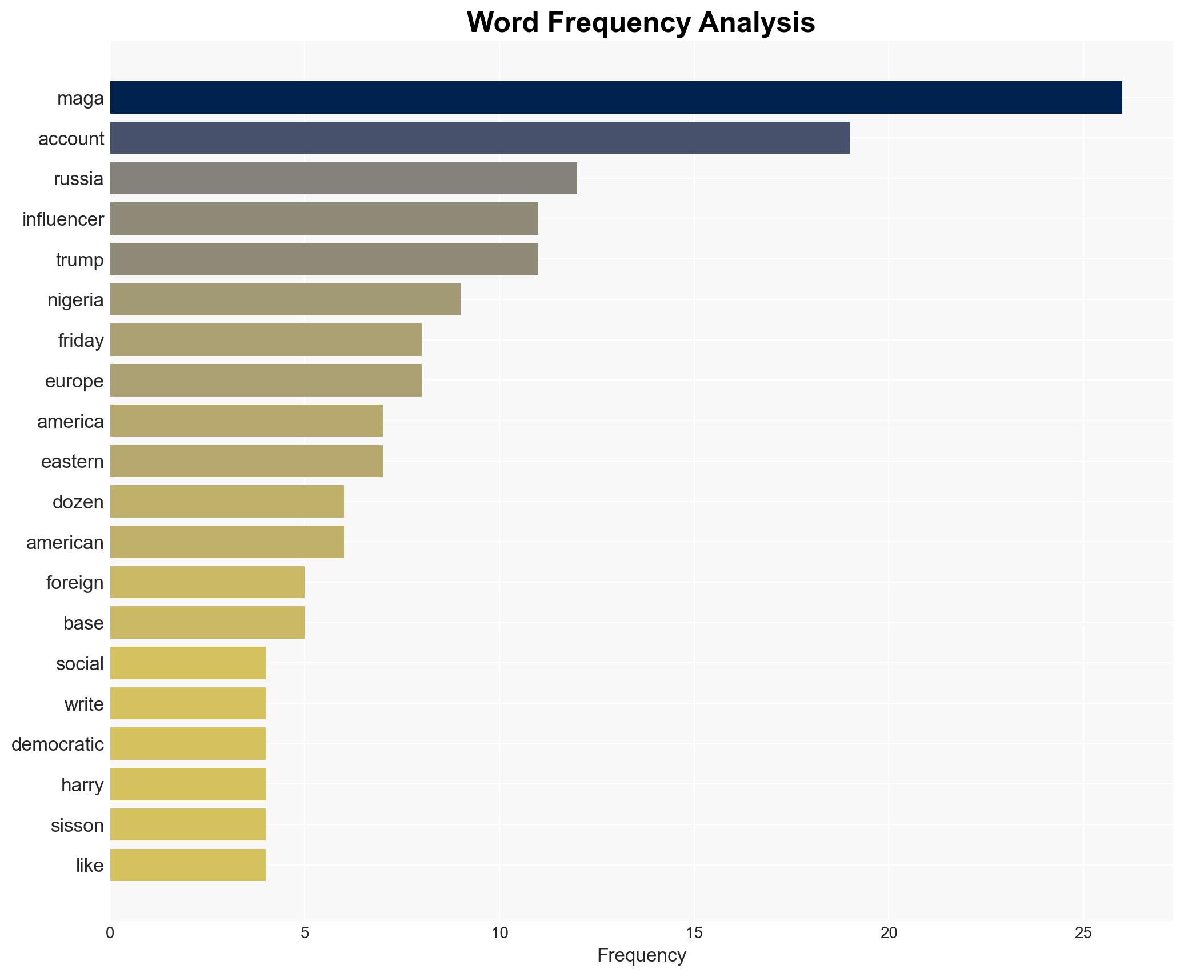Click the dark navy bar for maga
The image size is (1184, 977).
(x=615, y=98)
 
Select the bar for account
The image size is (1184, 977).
(x=479, y=138)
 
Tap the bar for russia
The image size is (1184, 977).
(x=343, y=178)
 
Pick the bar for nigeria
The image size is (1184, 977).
(x=285, y=299)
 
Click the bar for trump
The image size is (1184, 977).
(x=323, y=259)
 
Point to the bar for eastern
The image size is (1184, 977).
(x=246, y=461)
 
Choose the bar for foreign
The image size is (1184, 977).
(x=207, y=582)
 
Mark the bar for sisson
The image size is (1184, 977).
(x=187, y=824)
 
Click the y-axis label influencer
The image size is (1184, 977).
(x=63, y=219)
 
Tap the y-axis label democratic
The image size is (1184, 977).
(x=57, y=744)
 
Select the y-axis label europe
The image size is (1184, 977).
(x=74, y=381)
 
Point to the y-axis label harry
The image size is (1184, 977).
(x=82, y=785)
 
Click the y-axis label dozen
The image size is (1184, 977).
(x=78, y=502)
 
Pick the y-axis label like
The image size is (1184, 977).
(x=90, y=866)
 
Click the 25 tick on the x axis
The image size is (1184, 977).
(x=1083, y=934)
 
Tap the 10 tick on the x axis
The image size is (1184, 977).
(x=499, y=934)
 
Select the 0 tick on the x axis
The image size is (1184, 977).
(x=110, y=934)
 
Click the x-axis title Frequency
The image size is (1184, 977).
(x=641, y=955)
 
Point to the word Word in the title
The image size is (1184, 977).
(x=504, y=23)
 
